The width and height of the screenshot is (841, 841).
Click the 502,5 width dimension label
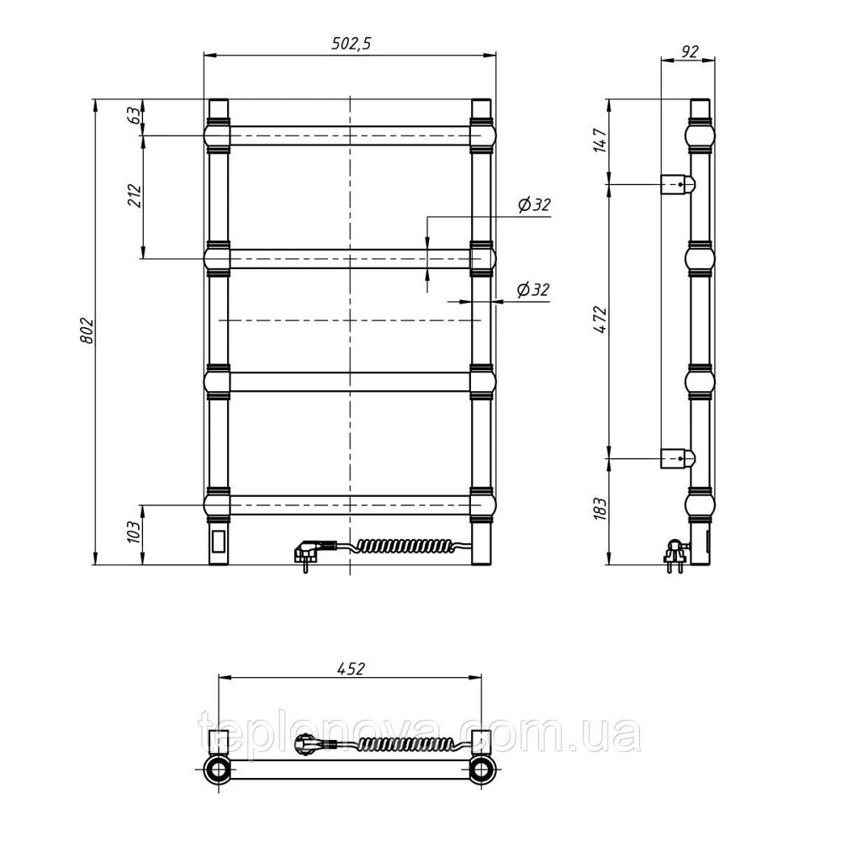[351, 44]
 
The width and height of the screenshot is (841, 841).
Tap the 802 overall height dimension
[87, 331]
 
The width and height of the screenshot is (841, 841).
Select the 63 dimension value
[135, 115]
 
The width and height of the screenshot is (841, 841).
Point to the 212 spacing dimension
[135, 196]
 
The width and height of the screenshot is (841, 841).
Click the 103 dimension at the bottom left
[135, 532]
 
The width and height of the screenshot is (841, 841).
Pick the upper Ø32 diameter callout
[534, 204]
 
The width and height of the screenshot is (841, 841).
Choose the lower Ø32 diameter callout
[533, 289]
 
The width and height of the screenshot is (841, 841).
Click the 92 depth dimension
[690, 51]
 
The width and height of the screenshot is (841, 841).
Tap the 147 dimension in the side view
[600, 140]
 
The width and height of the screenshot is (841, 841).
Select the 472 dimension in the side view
[600, 320]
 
